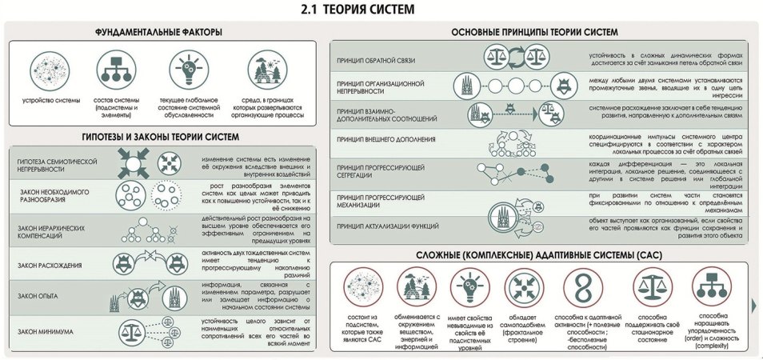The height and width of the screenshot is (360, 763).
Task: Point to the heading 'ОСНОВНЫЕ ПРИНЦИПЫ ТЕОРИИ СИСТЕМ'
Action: click(534, 32)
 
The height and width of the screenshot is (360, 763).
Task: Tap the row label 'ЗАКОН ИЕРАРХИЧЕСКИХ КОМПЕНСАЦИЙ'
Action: click(51, 227)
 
